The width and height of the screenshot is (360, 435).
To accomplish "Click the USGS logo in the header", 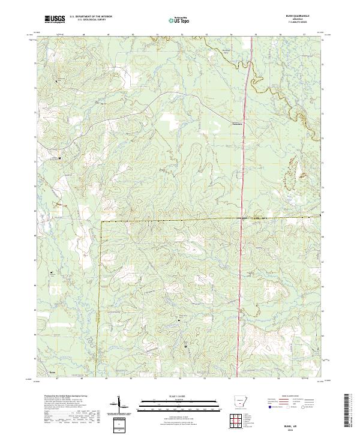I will tap(54, 20).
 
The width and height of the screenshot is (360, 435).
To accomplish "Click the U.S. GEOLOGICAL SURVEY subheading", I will tap(92, 21).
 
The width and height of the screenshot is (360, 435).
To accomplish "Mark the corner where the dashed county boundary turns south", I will tap(101, 221).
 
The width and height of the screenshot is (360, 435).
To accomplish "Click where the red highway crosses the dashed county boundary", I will tap(242, 218).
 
